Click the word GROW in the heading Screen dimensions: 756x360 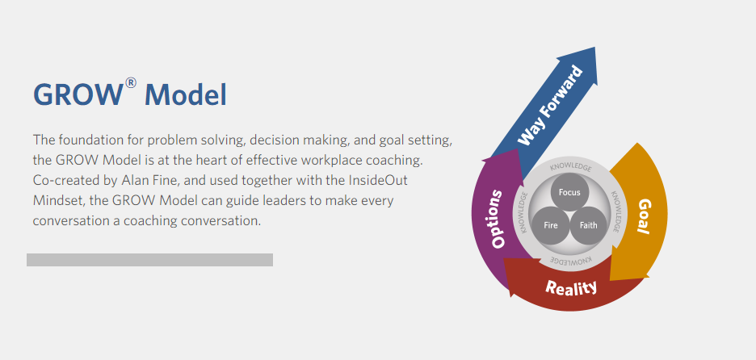pos(78,95)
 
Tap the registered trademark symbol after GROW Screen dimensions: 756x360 pos(131,82)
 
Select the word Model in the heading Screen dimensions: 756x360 pos(185,95)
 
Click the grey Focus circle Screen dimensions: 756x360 pos(569,193)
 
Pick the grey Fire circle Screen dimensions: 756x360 pos(551,225)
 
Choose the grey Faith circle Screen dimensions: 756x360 pos(588,225)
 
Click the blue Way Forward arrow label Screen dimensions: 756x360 pos(550,106)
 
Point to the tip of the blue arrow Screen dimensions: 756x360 pos(595,48)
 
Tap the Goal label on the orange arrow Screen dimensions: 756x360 pos(644,216)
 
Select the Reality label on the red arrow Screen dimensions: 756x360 pos(571,287)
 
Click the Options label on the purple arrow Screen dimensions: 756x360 pos(497,220)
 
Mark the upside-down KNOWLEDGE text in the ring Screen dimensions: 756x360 pos(571,260)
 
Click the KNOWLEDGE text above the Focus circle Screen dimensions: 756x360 pos(570,168)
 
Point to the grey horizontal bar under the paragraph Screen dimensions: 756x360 pos(149,260)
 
